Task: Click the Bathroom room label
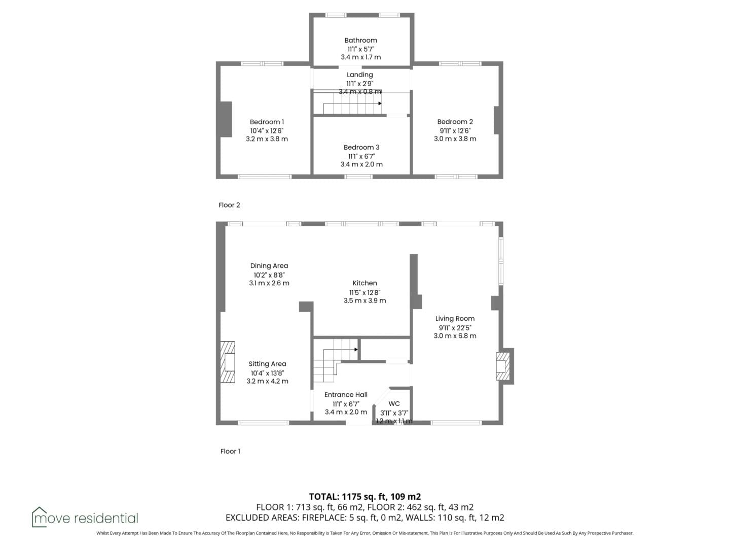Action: (x=360, y=40)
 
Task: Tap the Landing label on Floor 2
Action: (x=359, y=75)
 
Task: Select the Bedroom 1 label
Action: (x=267, y=122)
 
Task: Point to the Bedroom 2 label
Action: (x=455, y=122)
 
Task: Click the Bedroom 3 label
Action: (x=361, y=147)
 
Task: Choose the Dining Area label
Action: (x=269, y=266)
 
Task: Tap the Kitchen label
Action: (x=364, y=283)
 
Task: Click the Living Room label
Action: (x=455, y=319)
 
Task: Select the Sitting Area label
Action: (x=267, y=364)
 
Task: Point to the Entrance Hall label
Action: (x=346, y=395)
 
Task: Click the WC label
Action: (x=394, y=403)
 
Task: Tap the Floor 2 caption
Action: (x=229, y=205)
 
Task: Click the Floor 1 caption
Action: (x=230, y=451)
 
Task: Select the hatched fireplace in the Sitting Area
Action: (x=228, y=362)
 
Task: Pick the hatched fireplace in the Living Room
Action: (x=502, y=366)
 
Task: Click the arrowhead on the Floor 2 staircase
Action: (x=380, y=104)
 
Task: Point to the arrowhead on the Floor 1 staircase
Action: (x=356, y=350)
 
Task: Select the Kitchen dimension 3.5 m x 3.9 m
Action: (x=364, y=301)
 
